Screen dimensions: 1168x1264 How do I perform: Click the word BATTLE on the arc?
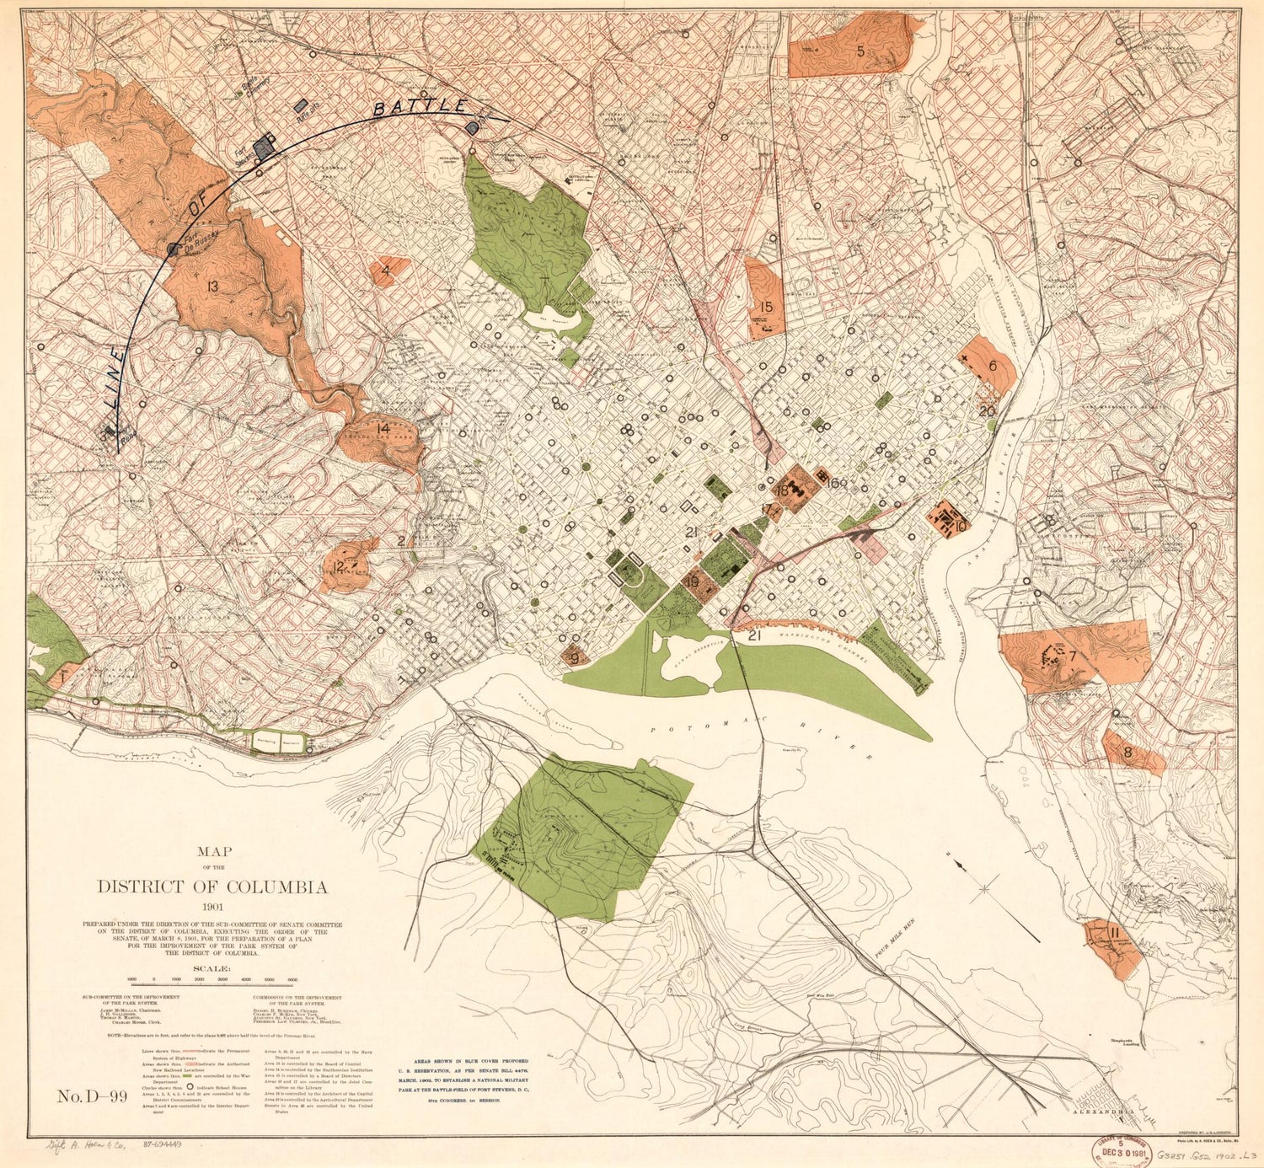[x=420, y=108]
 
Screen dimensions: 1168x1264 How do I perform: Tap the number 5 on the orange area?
[x=860, y=51]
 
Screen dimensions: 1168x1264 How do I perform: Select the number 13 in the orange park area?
[x=212, y=287]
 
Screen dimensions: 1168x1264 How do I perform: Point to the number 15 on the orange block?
[x=766, y=308]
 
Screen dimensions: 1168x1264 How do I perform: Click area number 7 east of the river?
[x=1073, y=656]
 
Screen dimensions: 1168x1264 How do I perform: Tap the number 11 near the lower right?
[x=1114, y=933]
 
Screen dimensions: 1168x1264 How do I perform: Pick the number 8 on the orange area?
[x=1127, y=753]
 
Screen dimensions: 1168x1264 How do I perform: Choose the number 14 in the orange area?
[x=383, y=428]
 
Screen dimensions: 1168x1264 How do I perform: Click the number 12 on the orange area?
[x=338, y=566]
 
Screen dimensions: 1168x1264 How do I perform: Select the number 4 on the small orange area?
[x=385, y=271]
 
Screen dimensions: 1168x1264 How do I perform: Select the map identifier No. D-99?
[x=92, y=1096]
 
